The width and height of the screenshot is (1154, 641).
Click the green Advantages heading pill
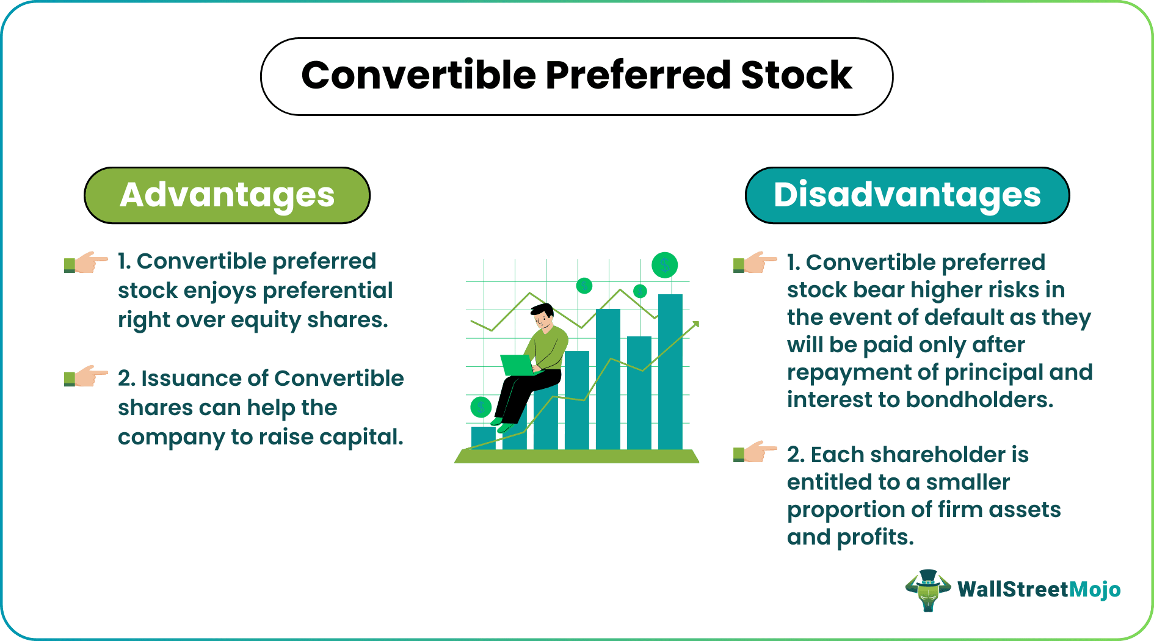227,195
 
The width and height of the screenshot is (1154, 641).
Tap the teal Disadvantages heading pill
907,195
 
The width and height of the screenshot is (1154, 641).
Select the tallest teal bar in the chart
670,372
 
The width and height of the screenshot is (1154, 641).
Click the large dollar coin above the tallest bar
664,265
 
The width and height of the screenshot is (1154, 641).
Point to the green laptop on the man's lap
517,365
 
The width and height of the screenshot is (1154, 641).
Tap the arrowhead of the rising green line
695,325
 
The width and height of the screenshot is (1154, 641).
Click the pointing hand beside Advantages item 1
86,263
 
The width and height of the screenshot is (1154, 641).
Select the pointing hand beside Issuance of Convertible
86,377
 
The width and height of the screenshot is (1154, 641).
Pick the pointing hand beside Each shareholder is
755,452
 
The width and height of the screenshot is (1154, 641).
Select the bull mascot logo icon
928,590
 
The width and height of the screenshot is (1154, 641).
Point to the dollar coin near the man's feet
481,407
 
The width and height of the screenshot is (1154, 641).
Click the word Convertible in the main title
418,76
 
